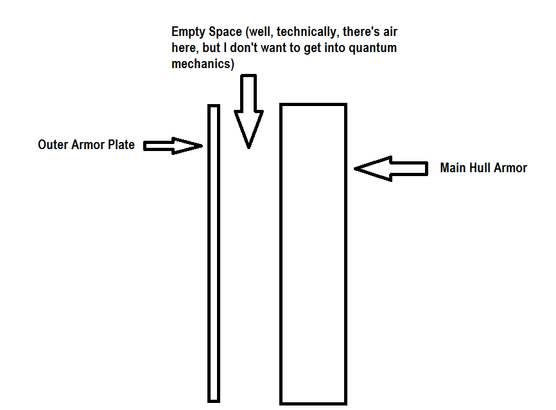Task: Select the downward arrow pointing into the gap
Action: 248,109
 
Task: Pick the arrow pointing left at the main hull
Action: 391,168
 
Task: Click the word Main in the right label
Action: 452,168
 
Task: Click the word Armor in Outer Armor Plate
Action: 87,145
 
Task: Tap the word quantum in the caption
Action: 380,48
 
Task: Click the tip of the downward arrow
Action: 248,147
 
